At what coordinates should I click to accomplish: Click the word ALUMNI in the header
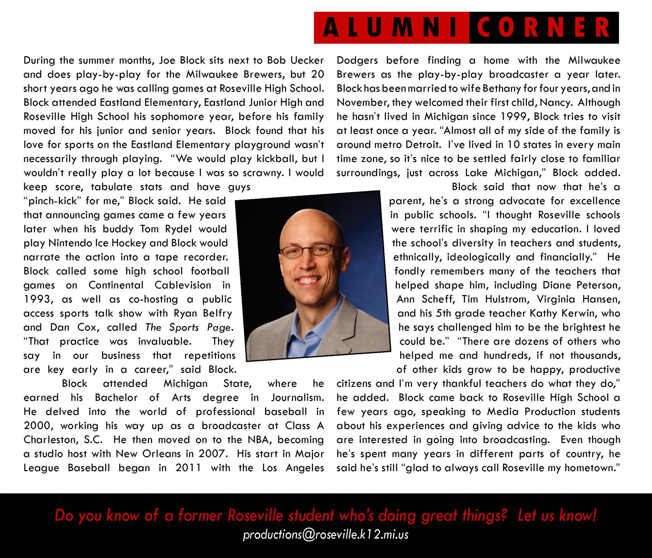392,28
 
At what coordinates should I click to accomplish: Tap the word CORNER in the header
544,28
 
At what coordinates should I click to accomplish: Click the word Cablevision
183,285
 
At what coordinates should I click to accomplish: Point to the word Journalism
297,397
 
